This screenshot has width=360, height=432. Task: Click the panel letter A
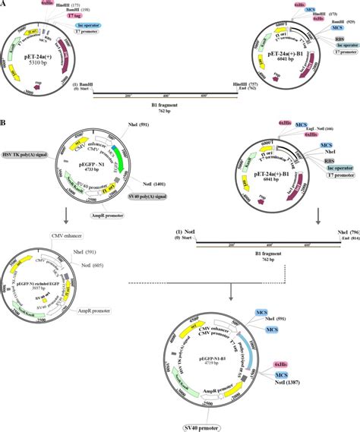6,5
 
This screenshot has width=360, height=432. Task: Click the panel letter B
6,121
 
